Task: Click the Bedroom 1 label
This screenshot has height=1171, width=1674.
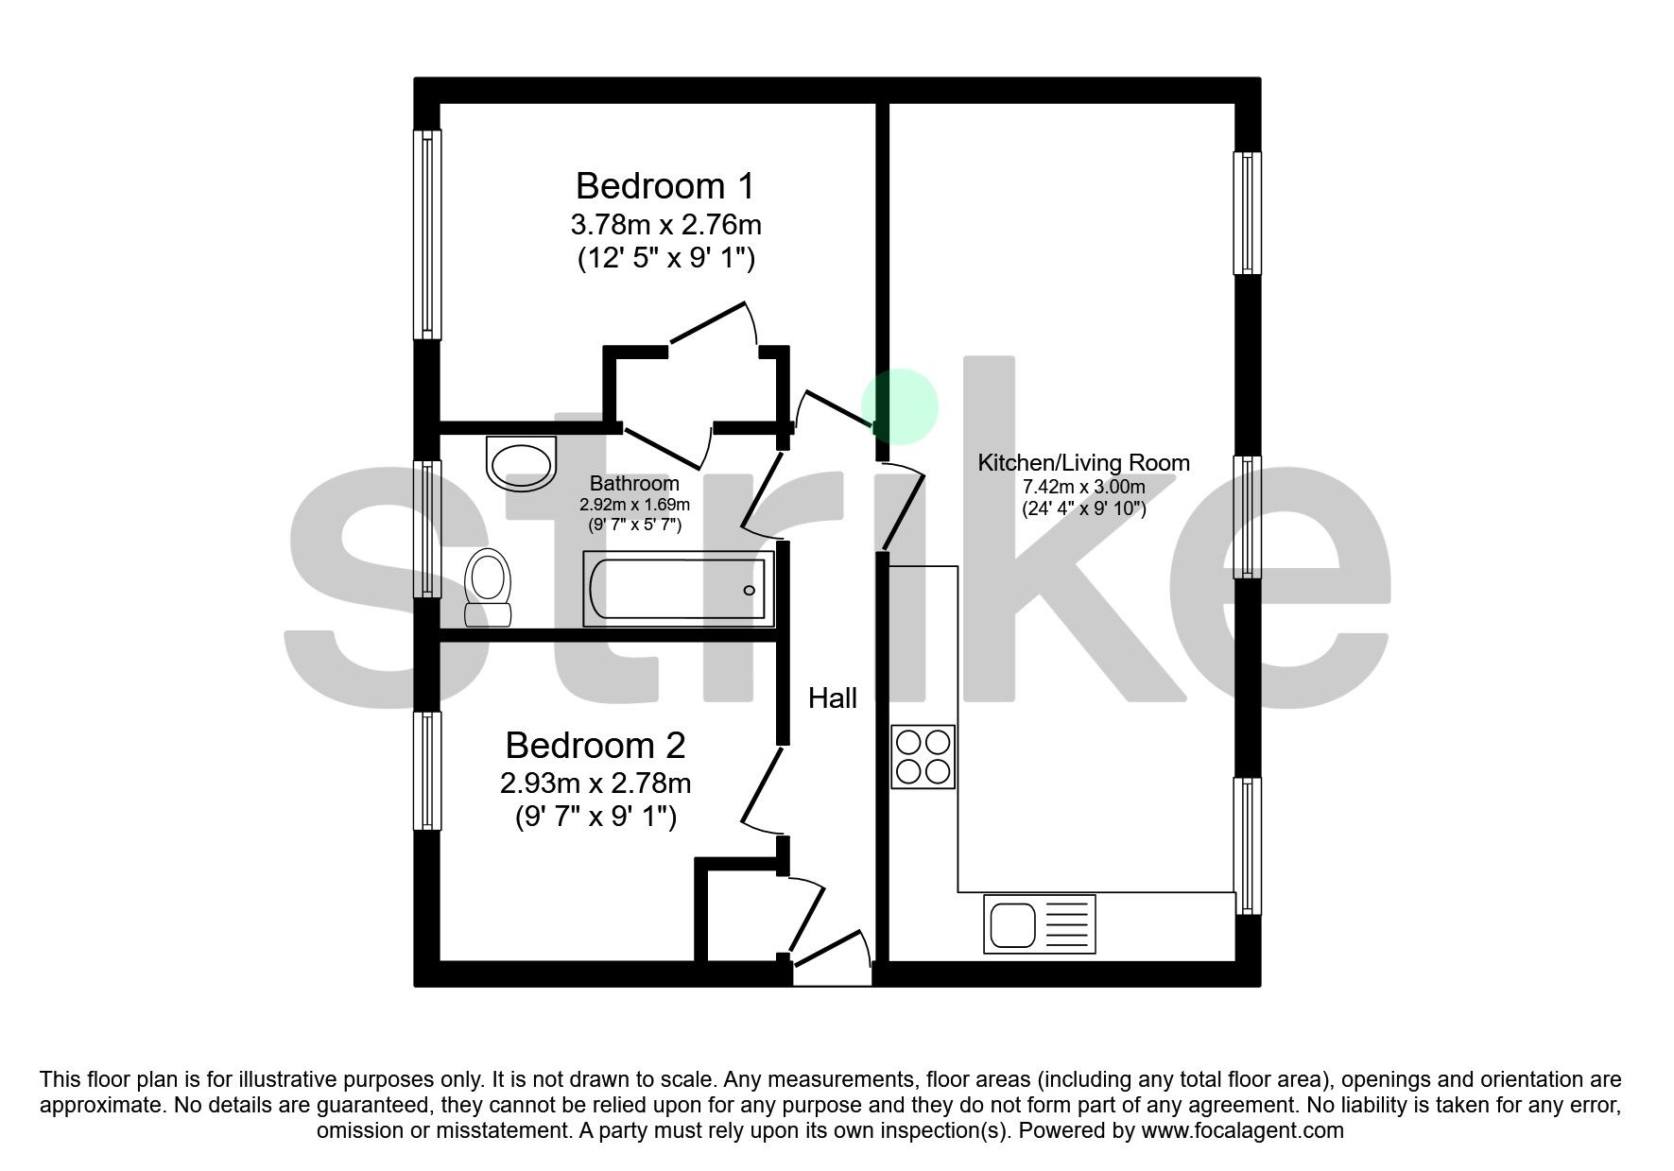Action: coord(665,186)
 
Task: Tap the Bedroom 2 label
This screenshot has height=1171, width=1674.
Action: coord(595,746)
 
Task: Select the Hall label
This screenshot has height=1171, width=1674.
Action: coord(833,698)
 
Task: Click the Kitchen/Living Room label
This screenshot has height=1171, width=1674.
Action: coord(1083,463)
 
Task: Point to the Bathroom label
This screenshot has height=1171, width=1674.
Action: coord(634,484)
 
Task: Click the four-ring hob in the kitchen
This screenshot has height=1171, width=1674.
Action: coord(923,757)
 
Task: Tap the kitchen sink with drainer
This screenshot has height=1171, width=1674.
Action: coord(1039,924)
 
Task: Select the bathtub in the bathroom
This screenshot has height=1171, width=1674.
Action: coord(678,590)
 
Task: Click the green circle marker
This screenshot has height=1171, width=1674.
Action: coord(900,406)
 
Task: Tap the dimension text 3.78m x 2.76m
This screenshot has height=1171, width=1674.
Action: coord(665,225)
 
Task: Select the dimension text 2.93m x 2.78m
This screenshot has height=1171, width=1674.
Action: coord(595,784)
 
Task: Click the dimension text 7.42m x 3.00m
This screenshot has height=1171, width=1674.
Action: coord(1083,488)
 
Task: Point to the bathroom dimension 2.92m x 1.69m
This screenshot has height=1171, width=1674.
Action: coord(634,505)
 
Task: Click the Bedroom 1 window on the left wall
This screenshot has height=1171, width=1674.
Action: coord(428,234)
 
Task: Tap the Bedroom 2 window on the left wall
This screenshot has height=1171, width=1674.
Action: coord(428,771)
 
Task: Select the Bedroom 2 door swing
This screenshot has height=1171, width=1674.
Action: coord(762,789)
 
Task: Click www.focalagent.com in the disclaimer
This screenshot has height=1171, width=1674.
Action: coord(1242,1130)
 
